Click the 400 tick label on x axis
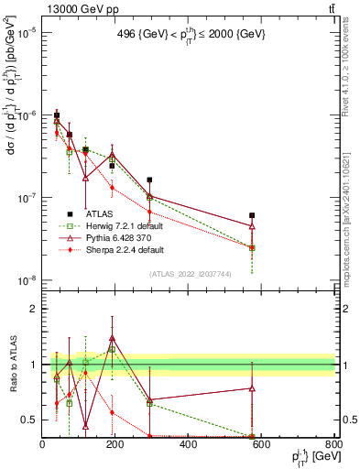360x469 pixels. pyautogui.click(x=188, y=444)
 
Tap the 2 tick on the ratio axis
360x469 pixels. pyautogui.click(x=33, y=309)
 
